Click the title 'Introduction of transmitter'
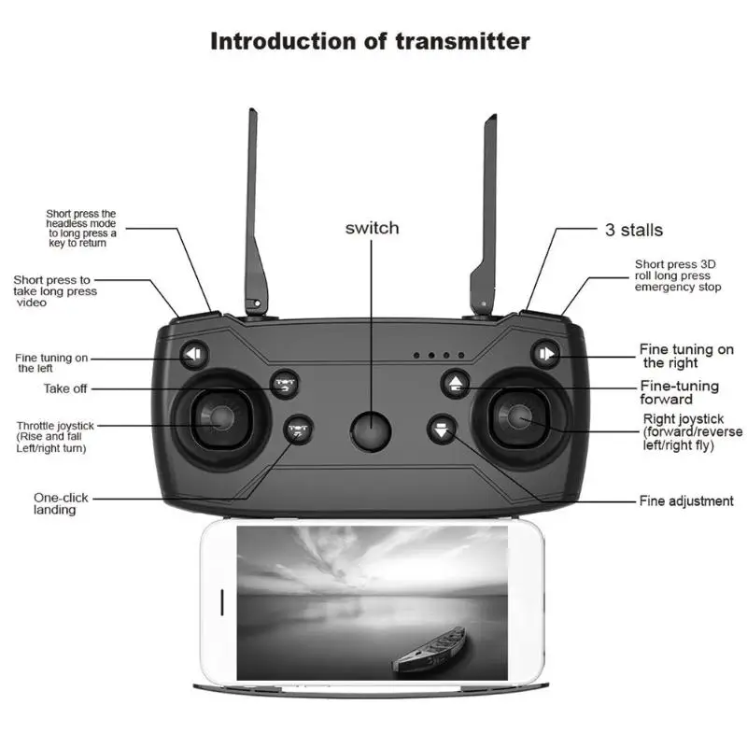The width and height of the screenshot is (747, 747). click(x=370, y=41)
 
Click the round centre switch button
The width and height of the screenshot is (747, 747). click(x=370, y=430)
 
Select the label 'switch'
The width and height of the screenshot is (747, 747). click(x=372, y=228)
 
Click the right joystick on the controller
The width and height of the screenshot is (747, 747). click(x=520, y=417)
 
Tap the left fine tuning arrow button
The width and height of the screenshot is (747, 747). click(x=194, y=354)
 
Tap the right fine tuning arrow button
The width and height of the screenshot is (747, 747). click(x=545, y=354)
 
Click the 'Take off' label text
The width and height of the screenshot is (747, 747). click(x=65, y=388)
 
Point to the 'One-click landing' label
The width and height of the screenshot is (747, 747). click(x=62, y=503)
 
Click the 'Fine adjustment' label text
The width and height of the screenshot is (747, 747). click(x=686, y=501)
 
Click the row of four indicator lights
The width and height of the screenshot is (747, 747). click(x=439, y=356)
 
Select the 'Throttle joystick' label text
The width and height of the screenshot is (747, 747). click(x=55, y=426)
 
